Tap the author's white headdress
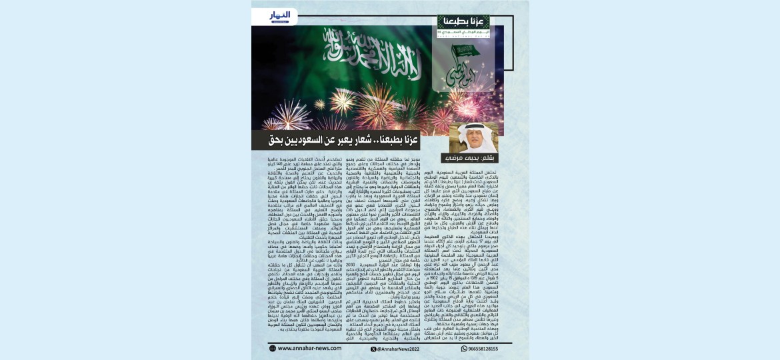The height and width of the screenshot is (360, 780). pos(465,130)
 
